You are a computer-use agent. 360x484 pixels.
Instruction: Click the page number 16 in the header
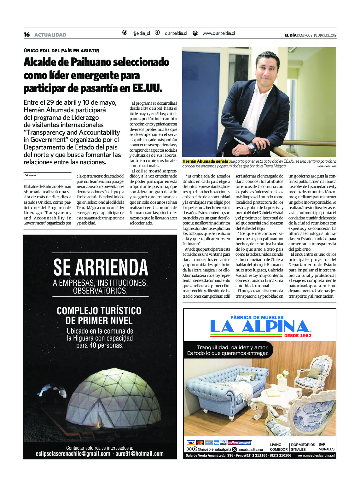tap(26, 35)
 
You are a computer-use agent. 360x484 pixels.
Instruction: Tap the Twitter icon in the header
tap(125, 33)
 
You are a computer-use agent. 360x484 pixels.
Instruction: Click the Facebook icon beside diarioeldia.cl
tap(157, 33)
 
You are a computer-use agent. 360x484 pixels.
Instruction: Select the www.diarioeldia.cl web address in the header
tap(218, 33)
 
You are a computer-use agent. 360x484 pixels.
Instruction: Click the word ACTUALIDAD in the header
tap(50, 35)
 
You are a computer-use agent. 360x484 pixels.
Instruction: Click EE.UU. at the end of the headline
tap(147, 88)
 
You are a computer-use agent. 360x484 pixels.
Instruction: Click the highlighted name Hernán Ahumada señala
tap(205, 161)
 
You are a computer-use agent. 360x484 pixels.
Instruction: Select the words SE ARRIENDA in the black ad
tap(101, 267)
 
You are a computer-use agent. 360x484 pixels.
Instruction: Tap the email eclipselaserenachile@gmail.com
tap(73, 454)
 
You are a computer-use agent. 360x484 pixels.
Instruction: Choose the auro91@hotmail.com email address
tap(139, 454)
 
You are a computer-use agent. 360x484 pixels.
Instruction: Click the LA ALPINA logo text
tap(259, 327)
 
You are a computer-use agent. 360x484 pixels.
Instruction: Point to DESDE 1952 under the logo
tap(298, 335)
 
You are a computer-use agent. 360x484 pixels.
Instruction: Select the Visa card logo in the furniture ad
tap(191, 443)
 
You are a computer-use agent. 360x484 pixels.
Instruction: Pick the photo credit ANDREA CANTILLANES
tap(327, 166)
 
